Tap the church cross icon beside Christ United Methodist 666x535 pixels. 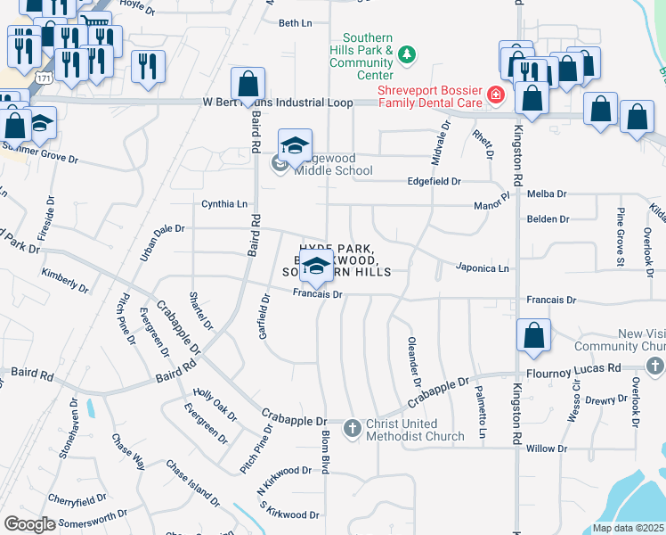click(352, 430)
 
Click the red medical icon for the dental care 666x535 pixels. click(495, 94)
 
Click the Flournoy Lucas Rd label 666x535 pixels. click(585, 368)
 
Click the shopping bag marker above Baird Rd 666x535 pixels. click(248, 85)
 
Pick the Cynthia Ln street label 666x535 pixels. click(224, 204)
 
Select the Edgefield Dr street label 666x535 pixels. click(434, 181)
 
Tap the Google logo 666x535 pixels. click(29, 524)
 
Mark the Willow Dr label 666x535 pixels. click(547, 449)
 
